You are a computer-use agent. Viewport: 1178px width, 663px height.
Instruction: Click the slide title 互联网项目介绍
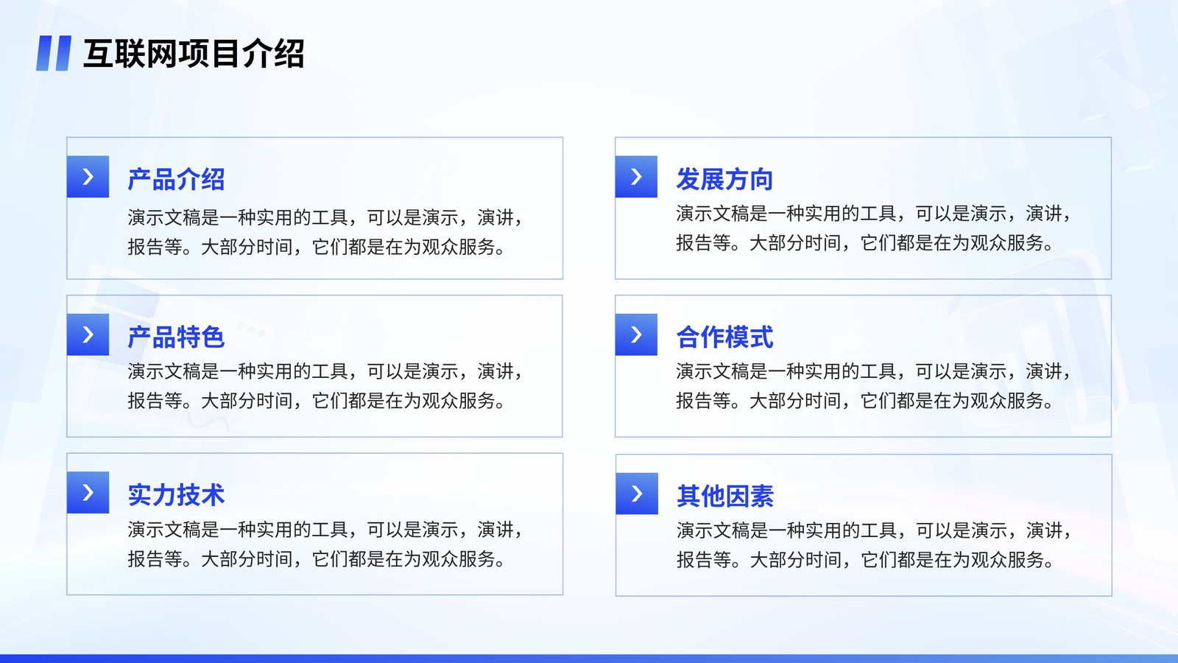194,54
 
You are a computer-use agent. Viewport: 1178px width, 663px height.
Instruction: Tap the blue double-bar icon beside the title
54,53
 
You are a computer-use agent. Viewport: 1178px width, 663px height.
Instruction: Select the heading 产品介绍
176,180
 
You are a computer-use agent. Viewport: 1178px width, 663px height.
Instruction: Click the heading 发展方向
724,180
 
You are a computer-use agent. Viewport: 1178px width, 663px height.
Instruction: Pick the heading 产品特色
176,337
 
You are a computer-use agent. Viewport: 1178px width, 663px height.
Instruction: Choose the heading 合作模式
724,337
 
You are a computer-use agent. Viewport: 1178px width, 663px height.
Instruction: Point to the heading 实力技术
176,495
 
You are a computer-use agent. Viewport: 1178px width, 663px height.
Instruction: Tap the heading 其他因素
725,497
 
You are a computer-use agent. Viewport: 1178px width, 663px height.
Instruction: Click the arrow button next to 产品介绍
88,177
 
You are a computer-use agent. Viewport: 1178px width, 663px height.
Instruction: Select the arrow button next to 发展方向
636,177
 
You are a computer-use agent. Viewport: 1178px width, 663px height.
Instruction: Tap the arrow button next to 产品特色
88,334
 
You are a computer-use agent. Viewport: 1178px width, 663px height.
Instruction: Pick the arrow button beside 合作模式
636,334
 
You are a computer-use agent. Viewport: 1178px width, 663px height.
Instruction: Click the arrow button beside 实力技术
88,493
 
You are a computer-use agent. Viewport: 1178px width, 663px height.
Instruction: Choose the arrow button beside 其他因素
637,494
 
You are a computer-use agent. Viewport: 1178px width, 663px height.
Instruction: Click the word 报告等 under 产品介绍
155,247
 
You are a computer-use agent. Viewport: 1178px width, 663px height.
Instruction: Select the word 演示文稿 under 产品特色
165,371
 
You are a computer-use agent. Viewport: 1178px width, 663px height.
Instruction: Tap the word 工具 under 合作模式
879,371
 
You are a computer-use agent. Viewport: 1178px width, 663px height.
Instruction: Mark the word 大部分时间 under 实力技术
247,559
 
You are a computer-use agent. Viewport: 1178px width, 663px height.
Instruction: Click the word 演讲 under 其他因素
1045,530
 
